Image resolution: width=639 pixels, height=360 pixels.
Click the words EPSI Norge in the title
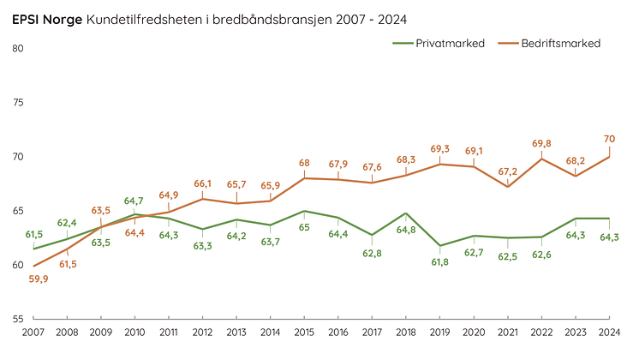click(47, 19)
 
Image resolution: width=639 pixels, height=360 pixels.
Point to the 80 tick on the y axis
click(18, 48)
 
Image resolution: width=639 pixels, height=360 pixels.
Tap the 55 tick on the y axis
click(18, 318)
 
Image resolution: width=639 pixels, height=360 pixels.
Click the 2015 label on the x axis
click(304, 332)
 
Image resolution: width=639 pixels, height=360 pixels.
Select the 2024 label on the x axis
click(609, 332)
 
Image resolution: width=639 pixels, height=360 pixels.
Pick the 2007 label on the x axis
click(33, 332)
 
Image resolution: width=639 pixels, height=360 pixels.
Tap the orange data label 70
click(610, 138)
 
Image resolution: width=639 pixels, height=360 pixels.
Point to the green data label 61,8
click(440, 261)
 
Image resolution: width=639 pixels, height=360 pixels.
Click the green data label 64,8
click(406, 229)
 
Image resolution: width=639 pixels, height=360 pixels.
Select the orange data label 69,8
click(541, 143)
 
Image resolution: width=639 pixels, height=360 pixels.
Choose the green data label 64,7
click(135, 201)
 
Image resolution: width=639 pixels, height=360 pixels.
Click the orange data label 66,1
click(203, 183)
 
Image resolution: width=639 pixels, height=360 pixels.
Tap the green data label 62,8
click(372, 253)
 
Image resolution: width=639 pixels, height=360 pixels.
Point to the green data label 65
click(304, 227)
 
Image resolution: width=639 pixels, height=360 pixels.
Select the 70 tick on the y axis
click(18, 157)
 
